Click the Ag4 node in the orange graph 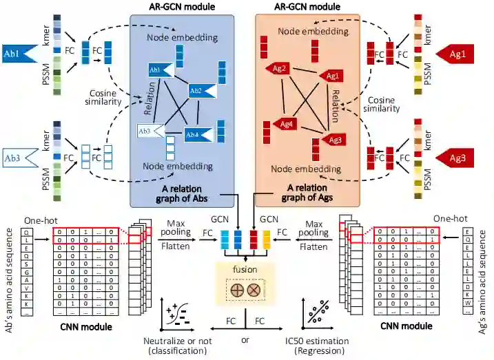[286, 124]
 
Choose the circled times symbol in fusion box [252, 290]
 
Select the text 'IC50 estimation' [318, 341]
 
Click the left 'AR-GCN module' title [183, 7]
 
